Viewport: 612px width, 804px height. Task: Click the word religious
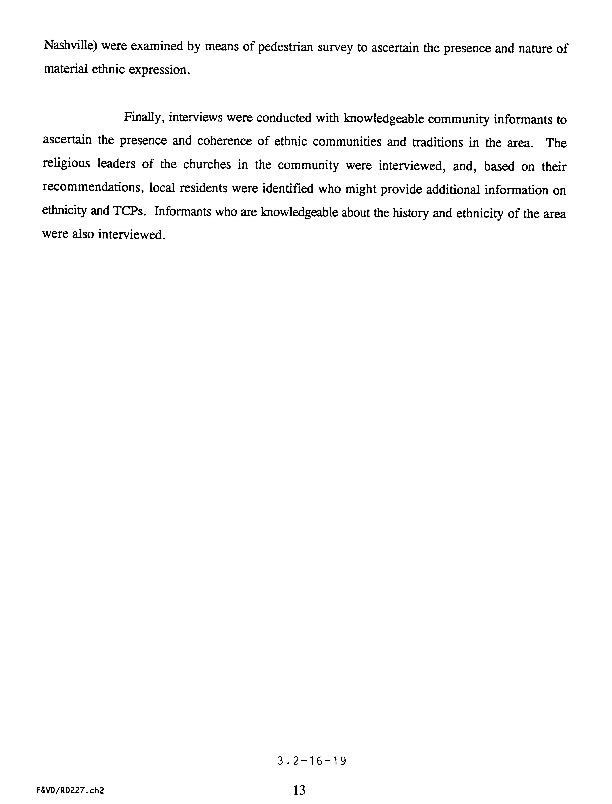click(66, 164)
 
